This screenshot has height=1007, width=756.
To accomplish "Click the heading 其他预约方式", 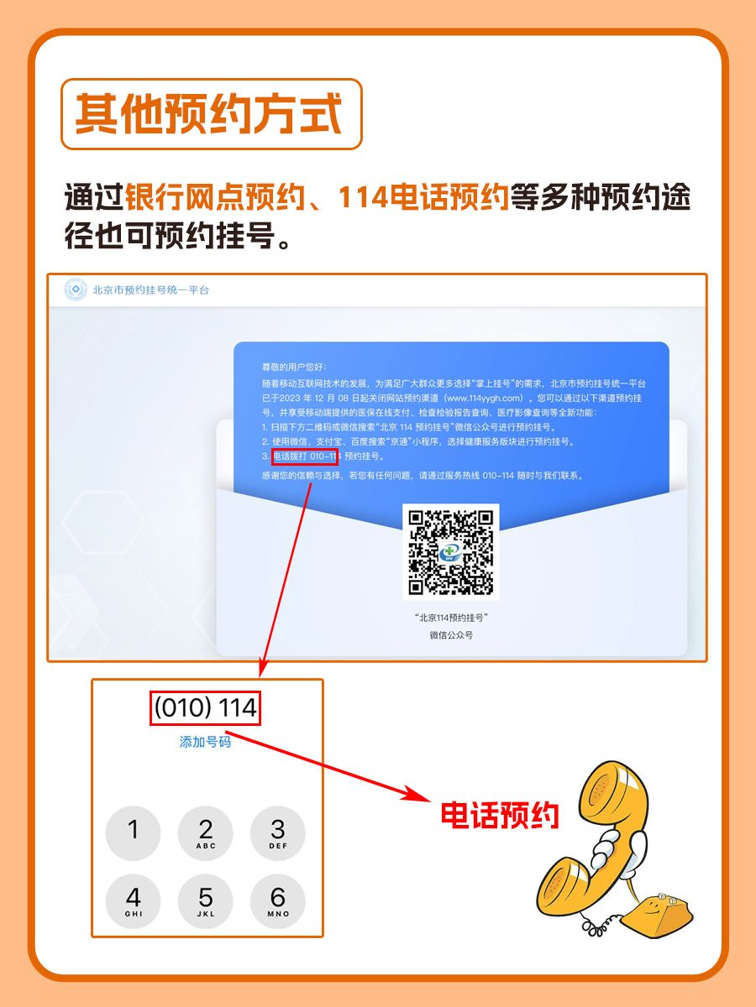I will (x=210, y=114).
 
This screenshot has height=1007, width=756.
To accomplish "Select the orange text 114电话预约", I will (x=423, y=199).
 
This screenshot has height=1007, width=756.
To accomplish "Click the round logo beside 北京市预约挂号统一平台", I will (x=76, y=290).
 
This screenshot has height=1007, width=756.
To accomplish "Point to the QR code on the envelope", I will (x=450, y=551).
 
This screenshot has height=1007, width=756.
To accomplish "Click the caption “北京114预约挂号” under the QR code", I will (x=451, y=617).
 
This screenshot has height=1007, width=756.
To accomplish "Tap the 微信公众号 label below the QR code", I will (x=451, y=635).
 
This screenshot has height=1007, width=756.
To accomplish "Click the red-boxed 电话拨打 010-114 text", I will (x=305, y=457).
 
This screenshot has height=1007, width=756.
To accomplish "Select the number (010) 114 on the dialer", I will (x=206, y=708).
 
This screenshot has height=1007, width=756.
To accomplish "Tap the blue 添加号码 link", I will (x=205, y=742).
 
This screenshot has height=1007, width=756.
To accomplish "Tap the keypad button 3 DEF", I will (x=278, y=833).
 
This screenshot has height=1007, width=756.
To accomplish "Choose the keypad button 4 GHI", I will (x=133, y=900).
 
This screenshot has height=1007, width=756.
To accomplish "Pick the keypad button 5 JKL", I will (x=206, y=900).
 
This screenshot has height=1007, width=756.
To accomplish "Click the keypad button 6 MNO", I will (x=278, y=900).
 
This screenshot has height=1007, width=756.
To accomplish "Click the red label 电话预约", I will (x=500, y=815).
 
